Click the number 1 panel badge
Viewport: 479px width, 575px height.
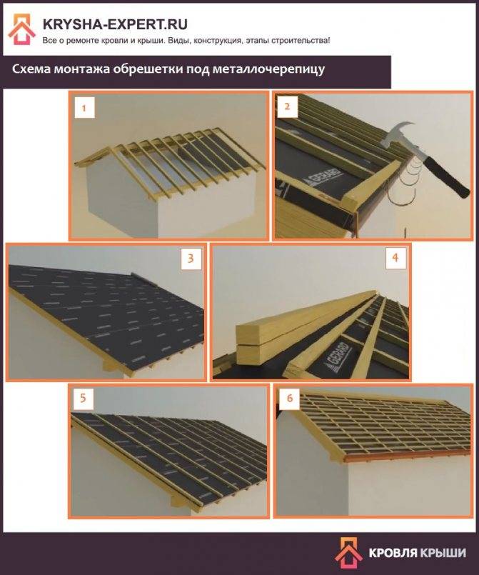click(84, 107)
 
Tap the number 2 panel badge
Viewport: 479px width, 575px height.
click(287, 106)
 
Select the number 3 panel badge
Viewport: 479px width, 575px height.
click(191, 259)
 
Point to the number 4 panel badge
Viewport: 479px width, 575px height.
click(395, 258)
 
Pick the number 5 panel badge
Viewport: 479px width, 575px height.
click(84, 398)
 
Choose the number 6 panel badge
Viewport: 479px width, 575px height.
click(290, 398)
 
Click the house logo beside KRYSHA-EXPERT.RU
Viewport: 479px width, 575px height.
click(22, 29)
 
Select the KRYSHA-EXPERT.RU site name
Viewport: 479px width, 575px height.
click(115, 24)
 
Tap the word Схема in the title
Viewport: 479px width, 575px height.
click(31, 69)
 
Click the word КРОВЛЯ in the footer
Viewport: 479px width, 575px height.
click(393, 553)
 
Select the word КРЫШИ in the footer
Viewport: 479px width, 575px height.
click(443, 553)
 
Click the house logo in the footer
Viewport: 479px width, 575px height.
click(348, 553)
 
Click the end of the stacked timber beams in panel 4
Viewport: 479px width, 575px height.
click(248, 345)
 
